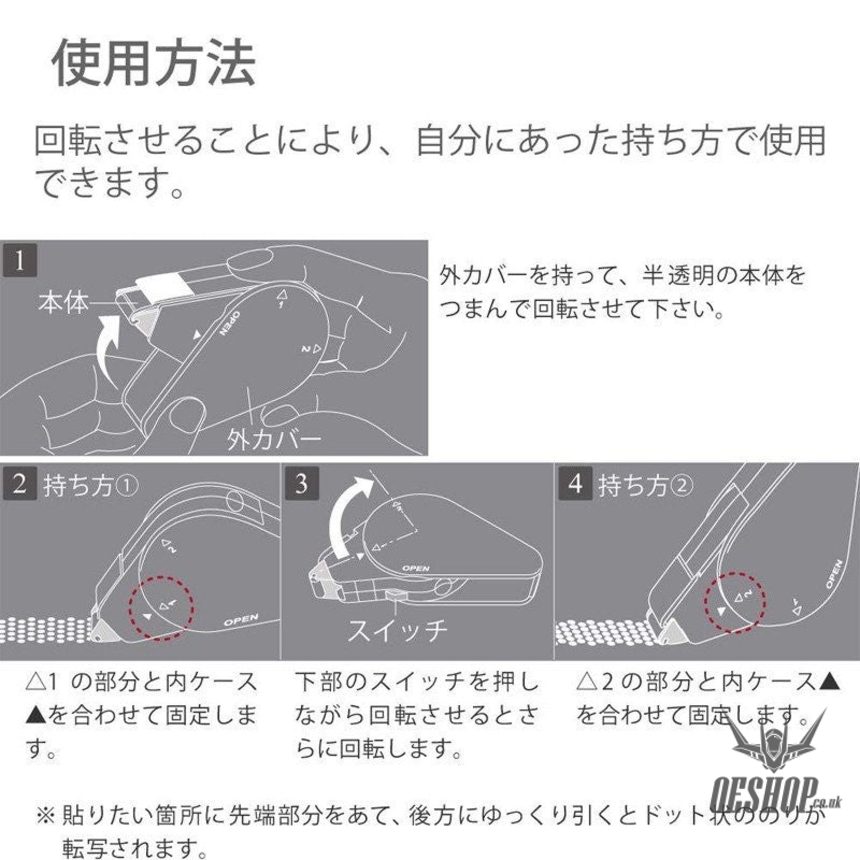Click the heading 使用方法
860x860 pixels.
coord(154,63)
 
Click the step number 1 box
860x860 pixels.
coord(19,261)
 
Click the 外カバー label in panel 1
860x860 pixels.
coord(274,440)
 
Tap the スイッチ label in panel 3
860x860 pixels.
coord(397,630)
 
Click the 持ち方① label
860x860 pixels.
coord(91,486)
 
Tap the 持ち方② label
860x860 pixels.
coord(646,486)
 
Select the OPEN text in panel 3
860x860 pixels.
coord(416,568)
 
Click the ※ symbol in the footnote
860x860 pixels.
coord(44,815)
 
